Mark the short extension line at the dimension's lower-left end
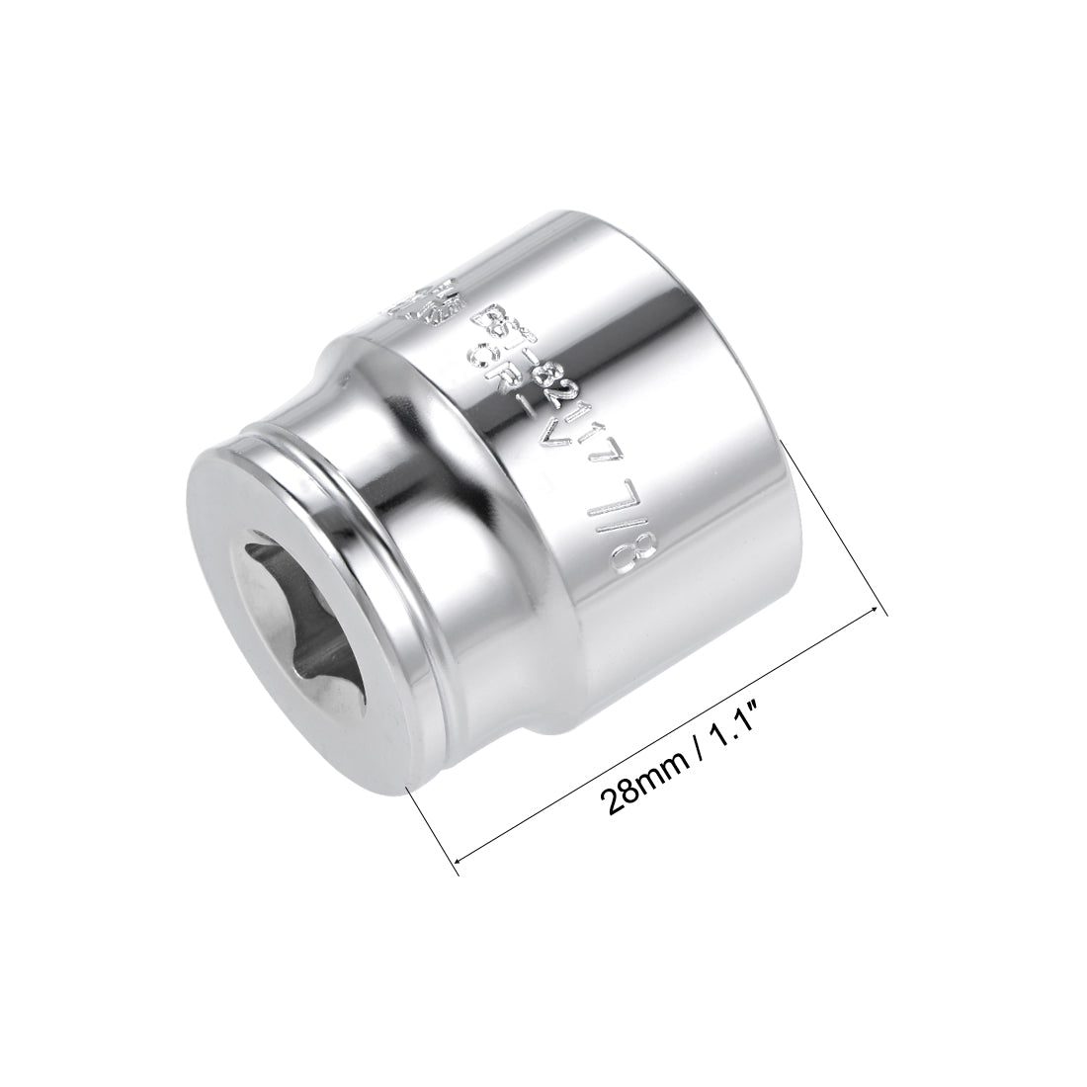pos(435,830)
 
